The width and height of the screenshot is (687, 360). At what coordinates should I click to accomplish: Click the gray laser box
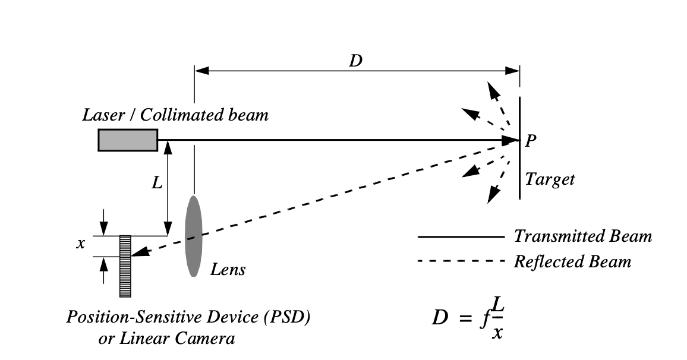coord(128,140)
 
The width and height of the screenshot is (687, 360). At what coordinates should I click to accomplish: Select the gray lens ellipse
coord(194,236)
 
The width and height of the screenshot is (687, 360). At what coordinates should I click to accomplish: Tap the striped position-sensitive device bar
coord(125,266)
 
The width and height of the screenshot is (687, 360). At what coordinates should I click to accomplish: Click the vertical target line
coord(520,149)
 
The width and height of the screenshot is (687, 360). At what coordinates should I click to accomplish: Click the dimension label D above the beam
coord(355,61)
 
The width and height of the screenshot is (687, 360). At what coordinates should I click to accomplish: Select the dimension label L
coord(157,183)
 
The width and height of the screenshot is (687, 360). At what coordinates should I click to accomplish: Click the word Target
coord(550,179)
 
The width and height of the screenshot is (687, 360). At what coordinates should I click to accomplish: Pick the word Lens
coord(228,270)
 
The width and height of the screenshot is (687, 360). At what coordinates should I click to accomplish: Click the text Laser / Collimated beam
coord(175,115)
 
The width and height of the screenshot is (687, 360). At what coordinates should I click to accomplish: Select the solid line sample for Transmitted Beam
coord(461,236)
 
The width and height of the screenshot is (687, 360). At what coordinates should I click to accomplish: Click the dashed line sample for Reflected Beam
coord(461,261)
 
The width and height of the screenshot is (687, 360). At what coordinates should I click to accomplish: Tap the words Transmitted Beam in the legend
coord(582,236)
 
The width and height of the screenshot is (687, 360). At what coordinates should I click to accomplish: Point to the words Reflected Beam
coord(572,261)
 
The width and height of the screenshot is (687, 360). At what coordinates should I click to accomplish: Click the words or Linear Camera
coord(166,339)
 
